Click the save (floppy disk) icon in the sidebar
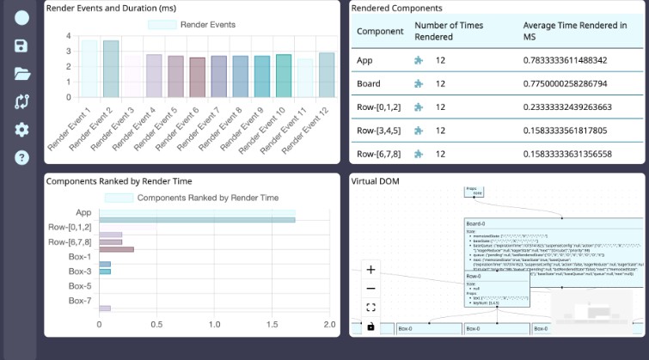[x=21, y=46]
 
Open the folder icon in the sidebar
[x=21, y=73]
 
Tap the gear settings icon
[x=21, y=130]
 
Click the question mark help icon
[x=21, y=157]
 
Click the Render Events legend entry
[x=193, y=25]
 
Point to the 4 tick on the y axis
[x=68, y=37]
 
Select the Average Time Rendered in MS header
[x=574, y=32]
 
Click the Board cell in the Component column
[x=370, y=84]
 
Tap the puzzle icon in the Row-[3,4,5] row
[x=419, y=131]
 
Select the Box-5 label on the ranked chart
[x=80, y=285]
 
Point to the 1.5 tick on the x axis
[x=272, y=325]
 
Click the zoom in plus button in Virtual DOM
[x=370, y=270]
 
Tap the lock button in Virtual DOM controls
[x=370, y=326]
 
